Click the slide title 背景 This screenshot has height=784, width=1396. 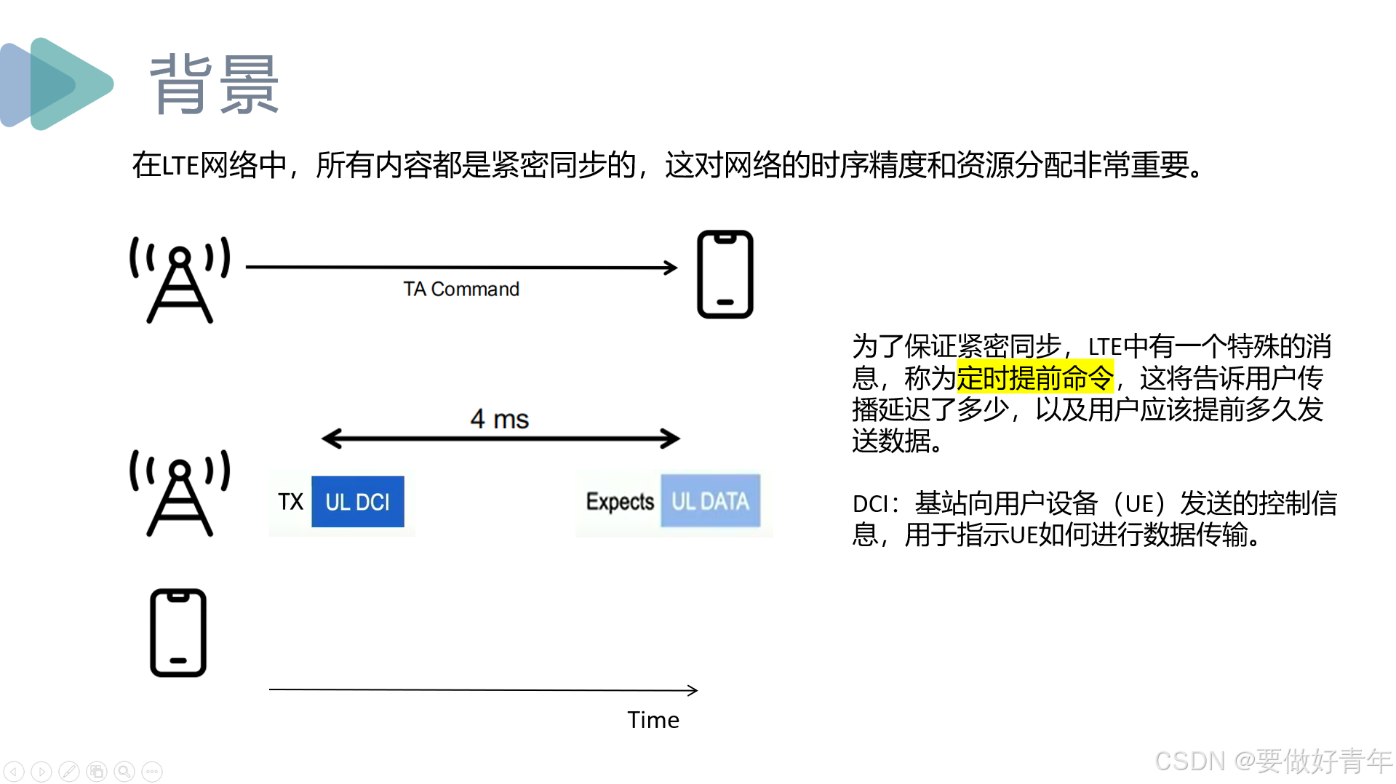pyautogui.click(x=214, y=85)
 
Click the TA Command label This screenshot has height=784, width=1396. pyautogui.click(x=461, y=289)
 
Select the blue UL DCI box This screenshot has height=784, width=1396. pyautogui.click(x=357, y=502)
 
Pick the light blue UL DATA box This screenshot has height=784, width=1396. pyautogui.click(x=710, y=501)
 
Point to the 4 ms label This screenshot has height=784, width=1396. pyautogui.click(x=499, y=420)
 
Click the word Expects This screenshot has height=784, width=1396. pyautogui.click(x=620, y=502)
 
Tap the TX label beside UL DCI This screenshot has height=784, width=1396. pyautogui.click(x=290, y=502)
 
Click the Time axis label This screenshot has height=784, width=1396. pyautogui.click(x=653, y=720)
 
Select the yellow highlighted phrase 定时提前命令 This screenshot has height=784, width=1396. pyautogui.click(x=1034, y=377)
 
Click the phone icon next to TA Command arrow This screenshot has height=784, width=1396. pyautogui.click(x=725, y=274)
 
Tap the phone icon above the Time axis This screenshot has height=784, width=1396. pyautogui.click(x=178, y=633)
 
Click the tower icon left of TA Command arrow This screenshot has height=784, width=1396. pyautogui.click(x=180, y=280)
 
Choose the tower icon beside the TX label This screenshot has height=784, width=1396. pyautogui.click(x=180, y=493)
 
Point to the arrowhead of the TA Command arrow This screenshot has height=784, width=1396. pyautogui.click(x=671, y=268)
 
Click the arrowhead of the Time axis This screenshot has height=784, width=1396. pyautogui.click(x=693, y=690)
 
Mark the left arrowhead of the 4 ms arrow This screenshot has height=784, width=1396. pyautogui.click(x=330, y=439)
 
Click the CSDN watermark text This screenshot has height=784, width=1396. pyautogui.click(x=1272, y=761)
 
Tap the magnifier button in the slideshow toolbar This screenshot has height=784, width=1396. pyautogui.click(x=124, y=771)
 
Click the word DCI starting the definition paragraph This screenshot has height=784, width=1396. pyautogui.click(x=870, y=504)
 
